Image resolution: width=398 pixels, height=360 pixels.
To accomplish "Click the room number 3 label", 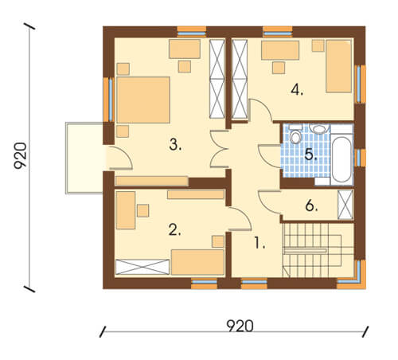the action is [175, 145].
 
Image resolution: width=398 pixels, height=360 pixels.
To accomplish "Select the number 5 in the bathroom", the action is [310, 155].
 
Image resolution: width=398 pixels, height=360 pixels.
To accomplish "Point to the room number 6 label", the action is [311, 205].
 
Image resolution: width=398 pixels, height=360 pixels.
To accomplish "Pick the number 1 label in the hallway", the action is [259, 243].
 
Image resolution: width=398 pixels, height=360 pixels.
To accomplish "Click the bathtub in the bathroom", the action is [341, 159].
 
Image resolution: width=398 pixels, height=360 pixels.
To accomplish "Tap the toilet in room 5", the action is [295, 135].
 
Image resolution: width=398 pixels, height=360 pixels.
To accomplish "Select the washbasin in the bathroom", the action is [319, 129].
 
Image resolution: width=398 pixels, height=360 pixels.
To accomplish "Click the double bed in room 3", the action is [143, 100].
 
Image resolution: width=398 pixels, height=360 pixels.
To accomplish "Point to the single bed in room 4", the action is [339, 66].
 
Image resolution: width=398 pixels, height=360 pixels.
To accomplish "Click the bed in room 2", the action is [197, 262].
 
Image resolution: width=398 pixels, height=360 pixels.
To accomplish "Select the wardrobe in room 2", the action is [142, 267].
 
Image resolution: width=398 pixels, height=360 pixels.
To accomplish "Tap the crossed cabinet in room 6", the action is [345, 205].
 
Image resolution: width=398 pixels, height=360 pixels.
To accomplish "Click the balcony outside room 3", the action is [84, 158].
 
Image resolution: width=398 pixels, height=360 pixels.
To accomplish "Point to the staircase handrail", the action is [305, 250].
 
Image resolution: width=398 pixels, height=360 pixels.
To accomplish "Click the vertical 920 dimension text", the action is [20, 156].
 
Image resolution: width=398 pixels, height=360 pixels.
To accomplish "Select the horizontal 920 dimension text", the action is [240, 326].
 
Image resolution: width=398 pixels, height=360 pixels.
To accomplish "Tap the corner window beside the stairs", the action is [353, 276].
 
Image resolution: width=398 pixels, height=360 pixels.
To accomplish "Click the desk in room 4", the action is [280, 50].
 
